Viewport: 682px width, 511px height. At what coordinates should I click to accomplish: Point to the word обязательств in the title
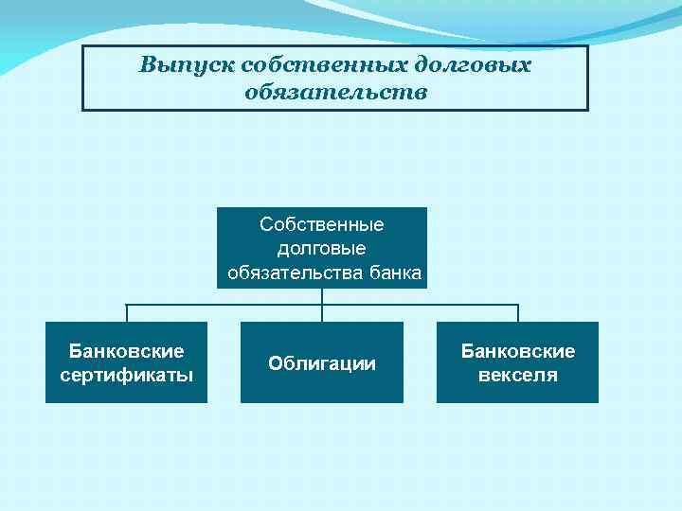335,93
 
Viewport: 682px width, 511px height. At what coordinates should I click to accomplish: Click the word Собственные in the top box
322,225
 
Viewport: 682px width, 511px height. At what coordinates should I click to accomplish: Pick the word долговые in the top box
322,249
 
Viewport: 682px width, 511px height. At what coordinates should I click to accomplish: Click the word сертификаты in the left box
126,375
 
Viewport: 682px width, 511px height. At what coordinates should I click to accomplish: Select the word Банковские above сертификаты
126,351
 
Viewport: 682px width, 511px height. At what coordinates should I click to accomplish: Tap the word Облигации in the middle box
322,363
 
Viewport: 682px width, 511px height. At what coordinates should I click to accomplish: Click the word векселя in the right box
518,375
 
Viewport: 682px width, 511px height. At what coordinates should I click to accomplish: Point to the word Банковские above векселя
518,351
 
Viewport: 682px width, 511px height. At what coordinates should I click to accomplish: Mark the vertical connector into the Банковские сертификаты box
126,313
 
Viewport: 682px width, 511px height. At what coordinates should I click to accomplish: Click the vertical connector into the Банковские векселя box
518,313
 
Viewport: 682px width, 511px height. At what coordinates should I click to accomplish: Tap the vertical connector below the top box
322,296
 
